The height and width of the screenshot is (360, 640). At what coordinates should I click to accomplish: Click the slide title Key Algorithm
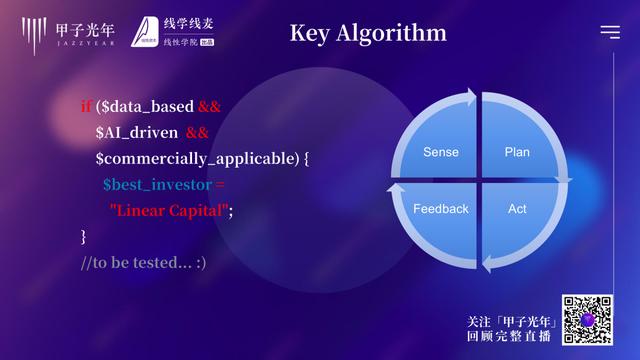coord(367,33)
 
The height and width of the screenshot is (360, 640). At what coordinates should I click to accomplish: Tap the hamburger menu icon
coord(609,32)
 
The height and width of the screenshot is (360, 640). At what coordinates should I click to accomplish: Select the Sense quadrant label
coord(440,152)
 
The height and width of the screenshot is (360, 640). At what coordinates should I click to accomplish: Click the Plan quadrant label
coord(517,152)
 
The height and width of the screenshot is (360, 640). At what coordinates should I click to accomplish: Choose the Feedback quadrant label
coord(440,209)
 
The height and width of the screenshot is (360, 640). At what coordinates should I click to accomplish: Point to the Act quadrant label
coord(517,209)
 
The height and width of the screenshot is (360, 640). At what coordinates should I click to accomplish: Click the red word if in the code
coord(86,106)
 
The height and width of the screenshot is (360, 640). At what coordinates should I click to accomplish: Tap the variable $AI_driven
coord(137,132)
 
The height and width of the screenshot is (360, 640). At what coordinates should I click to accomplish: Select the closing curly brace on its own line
coord(84,237)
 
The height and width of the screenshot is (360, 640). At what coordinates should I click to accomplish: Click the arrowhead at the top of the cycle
coord(470,97)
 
